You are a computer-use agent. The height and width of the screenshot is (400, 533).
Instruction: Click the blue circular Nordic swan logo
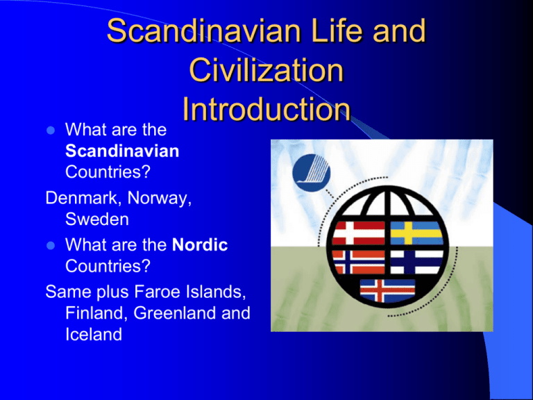pos(312,172)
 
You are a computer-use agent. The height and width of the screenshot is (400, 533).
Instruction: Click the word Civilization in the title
pos(266,72)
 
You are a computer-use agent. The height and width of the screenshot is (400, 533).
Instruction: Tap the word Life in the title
pos(333,33)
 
